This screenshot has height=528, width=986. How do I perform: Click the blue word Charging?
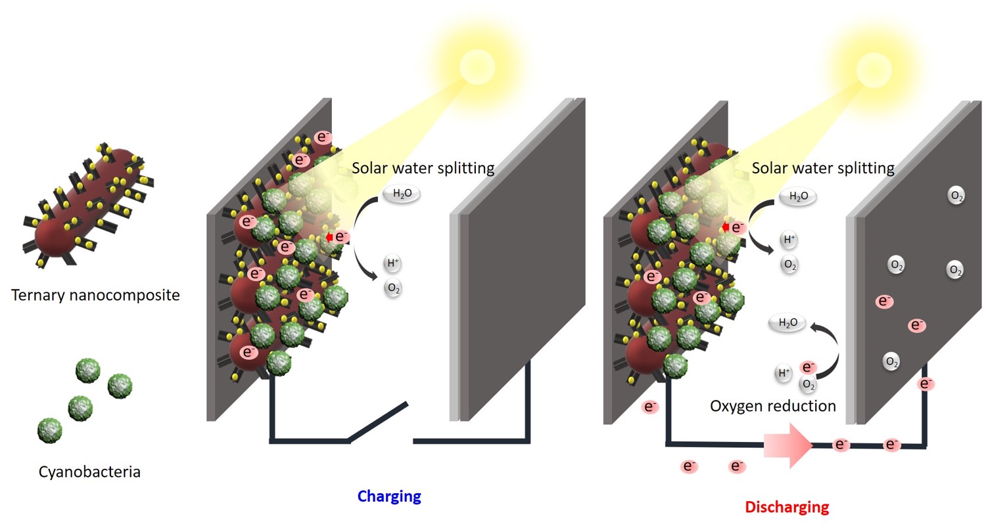click(x=388, y=496)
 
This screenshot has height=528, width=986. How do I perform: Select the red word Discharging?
click(x=787, y=507)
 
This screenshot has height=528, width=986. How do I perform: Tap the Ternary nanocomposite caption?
click(x=95, y=295)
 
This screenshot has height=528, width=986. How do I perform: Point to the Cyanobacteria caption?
click(x=89, y=472)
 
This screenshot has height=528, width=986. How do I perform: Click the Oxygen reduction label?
click(x=772, y=406)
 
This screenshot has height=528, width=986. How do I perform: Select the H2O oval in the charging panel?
click(x=401, y=194)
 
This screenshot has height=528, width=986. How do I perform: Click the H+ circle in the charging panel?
click(x=393, y=264)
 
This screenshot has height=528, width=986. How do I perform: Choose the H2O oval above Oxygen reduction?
click(x=787, y=322)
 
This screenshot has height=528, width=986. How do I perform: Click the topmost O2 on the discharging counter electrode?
click(x=956, y=195)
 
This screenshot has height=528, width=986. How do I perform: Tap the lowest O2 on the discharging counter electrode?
click(x=891, y=362)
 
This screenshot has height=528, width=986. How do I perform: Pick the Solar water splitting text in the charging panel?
click(x=423, y=167)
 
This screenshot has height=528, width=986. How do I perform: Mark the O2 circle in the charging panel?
click(x=394, y=288)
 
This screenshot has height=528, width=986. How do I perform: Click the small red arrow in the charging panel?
click(x=329, y=237)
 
